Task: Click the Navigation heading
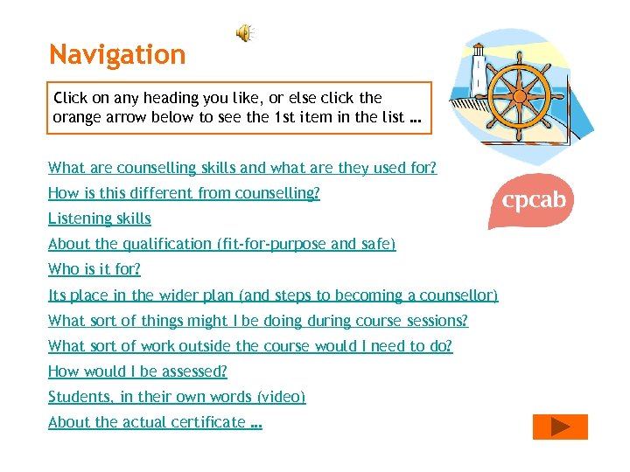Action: click(117, 55)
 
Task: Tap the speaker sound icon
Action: click(244, 33)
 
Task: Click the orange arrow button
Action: click(560, 427)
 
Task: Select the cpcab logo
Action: click(533, 200)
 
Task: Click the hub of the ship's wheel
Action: click(521, 91)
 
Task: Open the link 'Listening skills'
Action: click(100, 219)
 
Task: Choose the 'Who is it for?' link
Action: click(94, 269)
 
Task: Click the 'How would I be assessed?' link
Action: click(137, 371)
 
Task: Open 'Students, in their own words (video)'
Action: click(177, 397)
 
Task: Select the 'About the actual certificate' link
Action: click(155, 422)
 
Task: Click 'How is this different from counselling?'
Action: click(184, 193)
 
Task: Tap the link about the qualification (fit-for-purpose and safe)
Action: click(222, 244)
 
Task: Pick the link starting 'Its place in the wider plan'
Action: click(273, 295)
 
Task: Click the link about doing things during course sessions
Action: click(258, 321)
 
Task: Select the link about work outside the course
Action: click(250, 346)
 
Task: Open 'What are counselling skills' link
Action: click(242, 168)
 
